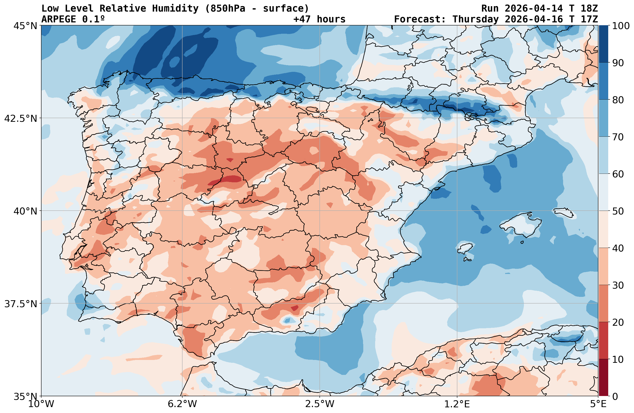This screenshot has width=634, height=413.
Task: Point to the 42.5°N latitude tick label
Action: (21, 118)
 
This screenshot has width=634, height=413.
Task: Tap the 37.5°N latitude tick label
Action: (21, 304)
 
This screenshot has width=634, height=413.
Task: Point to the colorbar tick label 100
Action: (621, 26)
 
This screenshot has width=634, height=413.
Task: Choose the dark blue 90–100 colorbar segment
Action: (604, 44)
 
